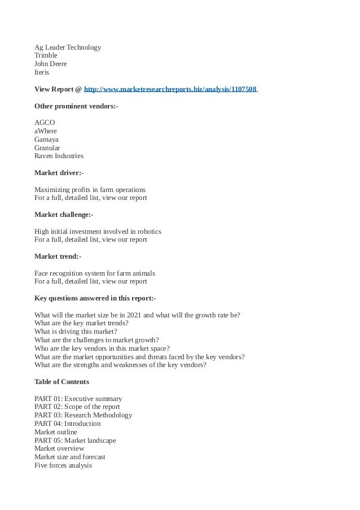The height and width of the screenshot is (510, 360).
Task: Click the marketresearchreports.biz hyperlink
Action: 170,89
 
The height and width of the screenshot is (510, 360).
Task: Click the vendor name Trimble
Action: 46,56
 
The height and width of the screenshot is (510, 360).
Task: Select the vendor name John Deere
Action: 50,64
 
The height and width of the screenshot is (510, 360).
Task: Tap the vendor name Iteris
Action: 42,73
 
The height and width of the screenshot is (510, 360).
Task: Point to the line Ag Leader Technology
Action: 68,47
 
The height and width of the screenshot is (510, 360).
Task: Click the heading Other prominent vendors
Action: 76,106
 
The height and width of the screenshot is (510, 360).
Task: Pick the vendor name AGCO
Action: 45,123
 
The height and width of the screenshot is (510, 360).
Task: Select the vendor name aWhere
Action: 46,131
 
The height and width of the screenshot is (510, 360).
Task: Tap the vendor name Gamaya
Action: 46,139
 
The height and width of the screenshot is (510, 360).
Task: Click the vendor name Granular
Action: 47,147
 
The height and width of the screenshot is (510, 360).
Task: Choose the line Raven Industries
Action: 59,156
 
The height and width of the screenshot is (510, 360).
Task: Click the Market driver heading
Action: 59,173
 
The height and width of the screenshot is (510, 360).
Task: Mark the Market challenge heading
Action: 64,215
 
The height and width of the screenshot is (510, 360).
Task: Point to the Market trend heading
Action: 58,256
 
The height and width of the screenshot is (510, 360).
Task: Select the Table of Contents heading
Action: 62,382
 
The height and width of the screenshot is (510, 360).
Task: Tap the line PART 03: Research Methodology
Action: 83,415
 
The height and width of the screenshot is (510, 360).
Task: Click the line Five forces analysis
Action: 63,465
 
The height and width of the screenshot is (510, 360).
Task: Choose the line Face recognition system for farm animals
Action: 94,273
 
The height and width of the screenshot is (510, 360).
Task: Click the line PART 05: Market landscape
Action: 75,441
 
